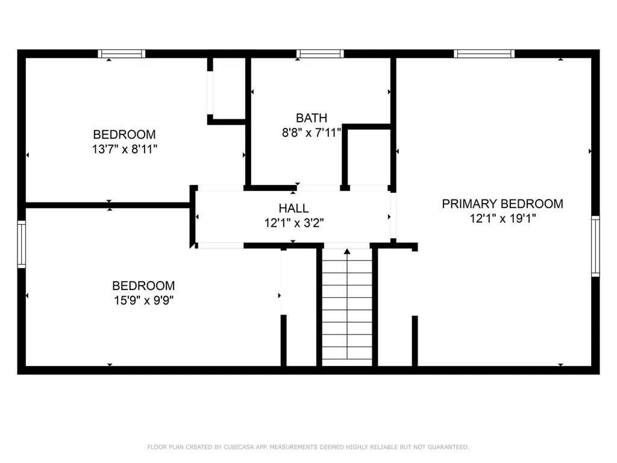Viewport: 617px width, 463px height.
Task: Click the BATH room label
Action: click(312, 118)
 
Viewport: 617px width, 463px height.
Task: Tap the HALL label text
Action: click(293, 209)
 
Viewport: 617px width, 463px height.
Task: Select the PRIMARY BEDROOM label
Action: click(503, 204)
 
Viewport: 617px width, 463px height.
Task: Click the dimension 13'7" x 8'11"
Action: click(124, 149)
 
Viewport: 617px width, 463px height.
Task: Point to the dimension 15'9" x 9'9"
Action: click(143, 300)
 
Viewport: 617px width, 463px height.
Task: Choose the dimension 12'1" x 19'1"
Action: click(503, 219)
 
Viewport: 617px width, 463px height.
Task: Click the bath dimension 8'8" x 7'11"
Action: click(312, 133)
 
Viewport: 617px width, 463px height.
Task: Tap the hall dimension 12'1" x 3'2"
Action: click(293, 223)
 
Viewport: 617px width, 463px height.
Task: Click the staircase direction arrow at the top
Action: click(346, 251)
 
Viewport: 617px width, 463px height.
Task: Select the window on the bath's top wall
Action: click(320, 54)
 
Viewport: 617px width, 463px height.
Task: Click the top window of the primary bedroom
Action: click(484, 54)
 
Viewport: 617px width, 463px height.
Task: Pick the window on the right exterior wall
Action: click(595, 245)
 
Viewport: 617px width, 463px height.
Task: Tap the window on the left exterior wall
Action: click(22, 244)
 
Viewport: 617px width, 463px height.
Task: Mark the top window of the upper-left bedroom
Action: click(122, 54)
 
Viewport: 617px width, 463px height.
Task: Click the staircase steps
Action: click(346, 307)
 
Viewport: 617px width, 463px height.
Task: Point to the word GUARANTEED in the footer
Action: click(447, 447)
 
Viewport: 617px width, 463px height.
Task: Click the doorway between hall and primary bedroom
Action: click(393, 215)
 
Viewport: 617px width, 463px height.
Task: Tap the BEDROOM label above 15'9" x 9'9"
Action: click(143, 286)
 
